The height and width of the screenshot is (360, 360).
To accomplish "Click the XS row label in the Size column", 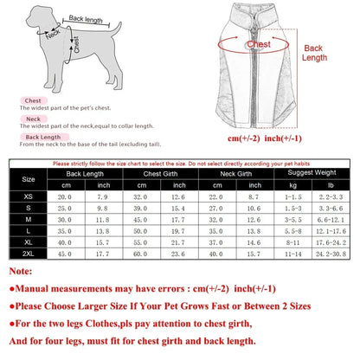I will point(29,198).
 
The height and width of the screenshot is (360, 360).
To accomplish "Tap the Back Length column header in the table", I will point(87,174).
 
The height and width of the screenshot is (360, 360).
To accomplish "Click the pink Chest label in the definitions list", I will point(34,100).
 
